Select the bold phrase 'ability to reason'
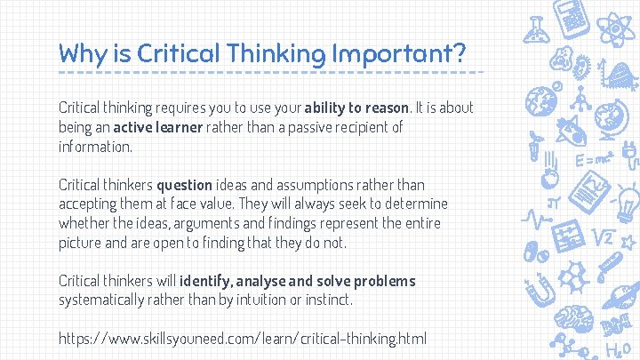coord(356,108)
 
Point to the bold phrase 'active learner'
coord(159,127)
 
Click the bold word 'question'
coord(185,185)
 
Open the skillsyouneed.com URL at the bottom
coord(243,339)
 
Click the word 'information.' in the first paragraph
coord(95,147)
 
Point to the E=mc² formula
coord(592,160)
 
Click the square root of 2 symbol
coord(604,237)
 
